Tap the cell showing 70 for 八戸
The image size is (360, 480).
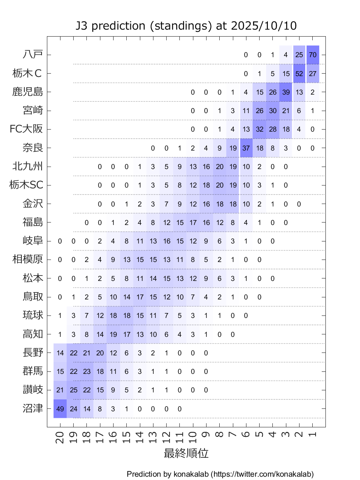point(313,55)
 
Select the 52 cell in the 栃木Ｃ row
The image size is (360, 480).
point(300,74)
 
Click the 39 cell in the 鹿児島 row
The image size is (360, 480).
point(286,92)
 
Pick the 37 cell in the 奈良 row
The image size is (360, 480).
point(246,148)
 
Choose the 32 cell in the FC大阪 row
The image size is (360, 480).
point(259,129)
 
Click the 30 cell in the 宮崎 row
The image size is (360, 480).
point(272,111)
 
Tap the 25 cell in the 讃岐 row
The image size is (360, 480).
point(74,390)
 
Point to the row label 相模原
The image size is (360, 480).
point(28,260)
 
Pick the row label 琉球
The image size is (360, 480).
point(33,315)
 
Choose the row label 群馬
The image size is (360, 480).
point(33,371)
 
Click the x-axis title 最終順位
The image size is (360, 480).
point(186,454)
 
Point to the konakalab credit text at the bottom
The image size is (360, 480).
point(220,474)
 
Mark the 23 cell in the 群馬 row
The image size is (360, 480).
point(87,371)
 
